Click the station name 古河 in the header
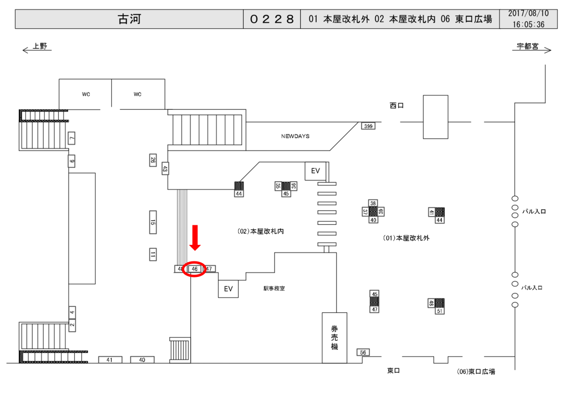[x=129, y=19]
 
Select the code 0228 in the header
[x=271, y=19]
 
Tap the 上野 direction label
[x=40, y=47]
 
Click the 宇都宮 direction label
[x=527, y=47]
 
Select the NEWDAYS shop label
[x=295, y=136]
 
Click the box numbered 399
[x=368, y=126]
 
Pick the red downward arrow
[x=195, y=238]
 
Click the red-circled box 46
[x=194, y=269]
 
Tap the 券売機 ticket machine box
[x=334, y=337]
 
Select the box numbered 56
[x=363, y=352]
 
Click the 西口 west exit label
[x=396, y=105]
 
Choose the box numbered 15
[x=153, y=223]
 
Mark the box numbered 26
[x=153, y=160]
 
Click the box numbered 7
[x=71, y=138]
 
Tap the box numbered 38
[x=373, y=203]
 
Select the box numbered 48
[x=431, y=303]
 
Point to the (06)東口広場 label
[x=476, y=372]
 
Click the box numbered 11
[x=153, y=255]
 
